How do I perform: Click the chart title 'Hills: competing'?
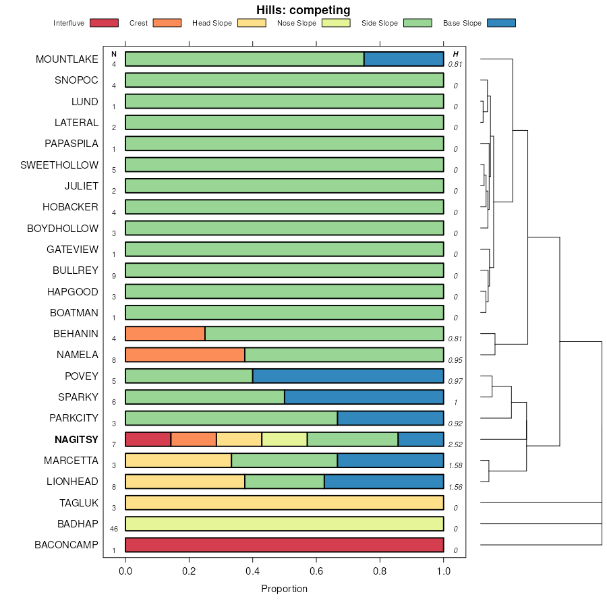tap(303, 10)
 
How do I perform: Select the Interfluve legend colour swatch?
tap(103, 23)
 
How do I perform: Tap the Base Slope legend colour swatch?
tap(500, 23)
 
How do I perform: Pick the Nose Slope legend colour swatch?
tap(336, 23)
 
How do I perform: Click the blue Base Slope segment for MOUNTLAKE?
tap(404, 59)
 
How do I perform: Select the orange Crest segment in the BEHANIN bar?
tap(165, 334)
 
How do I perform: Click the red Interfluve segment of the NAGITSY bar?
tap(148, 440)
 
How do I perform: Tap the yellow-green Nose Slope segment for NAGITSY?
tap(285, 440)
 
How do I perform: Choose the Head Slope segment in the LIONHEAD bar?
tap(185, 482)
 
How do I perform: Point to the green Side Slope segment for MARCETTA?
tap(285, 461)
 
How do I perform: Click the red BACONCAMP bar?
tap(285, 545)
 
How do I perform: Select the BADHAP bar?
tap(285, 524)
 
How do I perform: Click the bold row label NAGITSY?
tap(76, 440)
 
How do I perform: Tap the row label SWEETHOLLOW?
tap(59, 165)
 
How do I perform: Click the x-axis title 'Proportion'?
tap(284, 589)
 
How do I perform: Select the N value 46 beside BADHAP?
tap(114, 529)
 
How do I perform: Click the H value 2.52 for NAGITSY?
tap(456, 445)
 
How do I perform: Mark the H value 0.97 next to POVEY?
tap(456, 382)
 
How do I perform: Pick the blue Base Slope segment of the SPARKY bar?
tap(364, 397)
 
